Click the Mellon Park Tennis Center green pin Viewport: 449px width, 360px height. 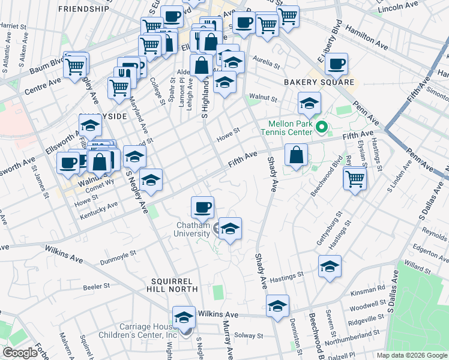click(x=321, y=127)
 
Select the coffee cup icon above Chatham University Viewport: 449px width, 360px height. click(x=202, y=206)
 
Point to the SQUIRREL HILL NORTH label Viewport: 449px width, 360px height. click(x=171, y=286)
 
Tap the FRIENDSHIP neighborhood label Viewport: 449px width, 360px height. click(x=84, y=9)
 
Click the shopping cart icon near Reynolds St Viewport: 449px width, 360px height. click(x=355, y=178)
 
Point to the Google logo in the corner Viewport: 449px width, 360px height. click(x=20, y=353)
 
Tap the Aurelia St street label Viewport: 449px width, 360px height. click(x=267, y=62)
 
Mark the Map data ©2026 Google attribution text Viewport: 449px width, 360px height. click(x=412, y=355)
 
